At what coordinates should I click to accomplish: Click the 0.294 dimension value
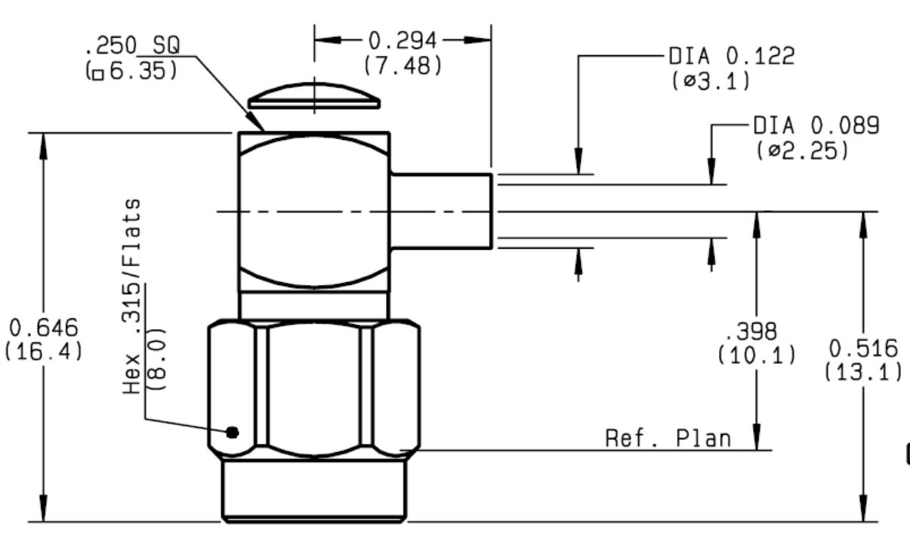click(x=403, y=41)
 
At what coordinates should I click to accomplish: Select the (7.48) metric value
click(x=403, y=66)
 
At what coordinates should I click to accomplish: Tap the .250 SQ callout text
click(x=132, y=45)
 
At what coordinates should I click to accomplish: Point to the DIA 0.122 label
click(x=732, y=56)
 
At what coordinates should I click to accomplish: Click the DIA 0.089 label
click(x=816, y=126)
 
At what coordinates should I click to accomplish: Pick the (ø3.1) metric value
click(x=710, y=81)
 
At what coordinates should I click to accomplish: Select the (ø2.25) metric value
click(x=802, y=150)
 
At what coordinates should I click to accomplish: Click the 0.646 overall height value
click(x=44, y=328)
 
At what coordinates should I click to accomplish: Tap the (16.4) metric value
click(x=44, y=352)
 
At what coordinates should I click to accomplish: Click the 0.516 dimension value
click(x=863, y=349)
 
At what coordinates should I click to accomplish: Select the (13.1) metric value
click(x=863, y=372)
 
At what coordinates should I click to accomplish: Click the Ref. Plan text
click(x=668, y=439)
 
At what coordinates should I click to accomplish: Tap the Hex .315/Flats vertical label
click(x=132, y=296)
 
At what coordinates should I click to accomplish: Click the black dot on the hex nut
click(x=233, y=432)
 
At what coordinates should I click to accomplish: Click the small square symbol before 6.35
click(x=98, y=75)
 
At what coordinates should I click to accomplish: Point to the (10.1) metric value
click(x=757, y=355)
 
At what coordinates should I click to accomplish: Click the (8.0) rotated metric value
click(x=156, y=359)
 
